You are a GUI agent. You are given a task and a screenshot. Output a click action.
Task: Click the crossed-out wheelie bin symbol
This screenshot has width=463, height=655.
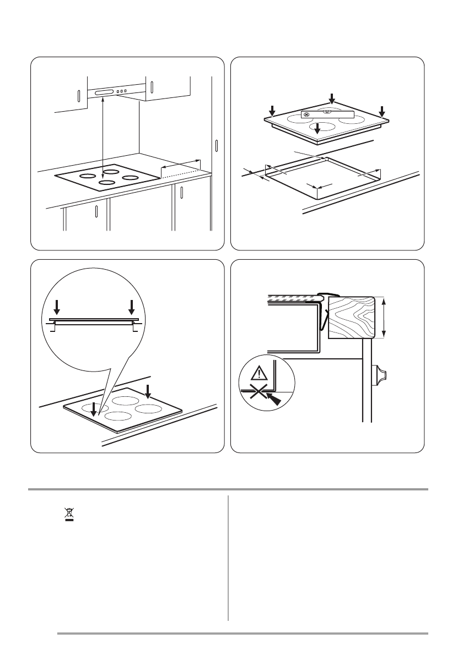pos(69,515)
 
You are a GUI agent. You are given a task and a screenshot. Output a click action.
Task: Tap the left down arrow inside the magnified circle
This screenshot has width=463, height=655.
pos(56,307)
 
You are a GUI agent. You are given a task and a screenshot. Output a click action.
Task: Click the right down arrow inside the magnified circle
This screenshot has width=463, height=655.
pos(131,307)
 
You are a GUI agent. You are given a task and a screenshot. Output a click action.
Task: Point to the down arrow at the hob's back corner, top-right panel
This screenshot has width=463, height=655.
pos(332,99)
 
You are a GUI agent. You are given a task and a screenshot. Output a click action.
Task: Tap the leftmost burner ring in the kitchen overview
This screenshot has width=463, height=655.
pos(86,177)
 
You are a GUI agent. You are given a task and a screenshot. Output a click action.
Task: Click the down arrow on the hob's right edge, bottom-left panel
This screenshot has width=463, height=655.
pos(147,391)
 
